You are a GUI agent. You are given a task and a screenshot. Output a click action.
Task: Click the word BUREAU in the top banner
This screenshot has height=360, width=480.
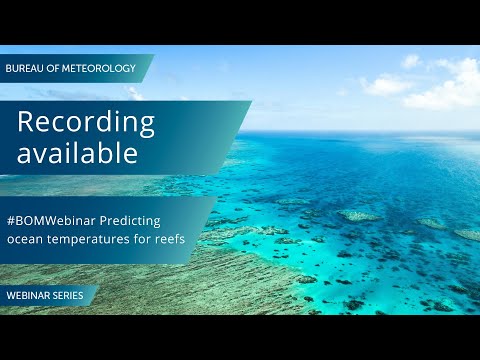(26, 68)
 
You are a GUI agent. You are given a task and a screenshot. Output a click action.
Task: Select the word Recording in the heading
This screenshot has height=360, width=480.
(86, 122)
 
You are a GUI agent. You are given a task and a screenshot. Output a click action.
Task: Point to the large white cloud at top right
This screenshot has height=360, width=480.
(440, 85)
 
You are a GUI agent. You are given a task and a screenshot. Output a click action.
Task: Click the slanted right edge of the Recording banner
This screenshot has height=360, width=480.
(240, 135)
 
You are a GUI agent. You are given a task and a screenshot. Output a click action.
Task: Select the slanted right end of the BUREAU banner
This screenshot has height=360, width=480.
(149, 68)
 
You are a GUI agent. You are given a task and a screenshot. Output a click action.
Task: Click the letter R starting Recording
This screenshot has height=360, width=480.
(25, 122)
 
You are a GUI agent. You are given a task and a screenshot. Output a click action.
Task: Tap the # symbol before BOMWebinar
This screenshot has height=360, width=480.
(11, 219)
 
